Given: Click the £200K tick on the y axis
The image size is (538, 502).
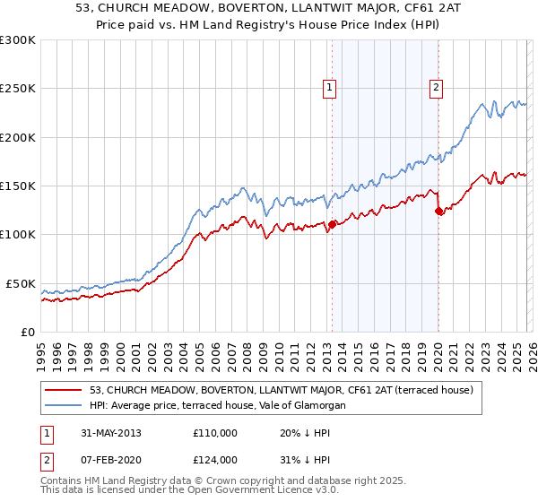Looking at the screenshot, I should [x=18, y=137].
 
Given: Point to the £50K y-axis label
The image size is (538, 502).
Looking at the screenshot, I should [x=21, y=283].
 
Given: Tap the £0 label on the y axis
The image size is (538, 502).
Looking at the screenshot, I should [x=28, y=332].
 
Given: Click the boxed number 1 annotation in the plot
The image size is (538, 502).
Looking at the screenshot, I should [x=331, y=88].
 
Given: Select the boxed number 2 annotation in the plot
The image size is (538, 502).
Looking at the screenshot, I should [x=436, y=88].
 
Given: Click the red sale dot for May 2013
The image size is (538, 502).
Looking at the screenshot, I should [x=332, y=225].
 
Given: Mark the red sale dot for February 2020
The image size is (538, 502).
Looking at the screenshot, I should [x=438, y=212].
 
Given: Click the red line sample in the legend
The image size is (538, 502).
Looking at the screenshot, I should [x=64, y=390].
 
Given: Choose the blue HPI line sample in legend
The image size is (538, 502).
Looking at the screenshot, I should [x=64, y=406].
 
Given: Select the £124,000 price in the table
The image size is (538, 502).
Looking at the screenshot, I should [x=215, y=460].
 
